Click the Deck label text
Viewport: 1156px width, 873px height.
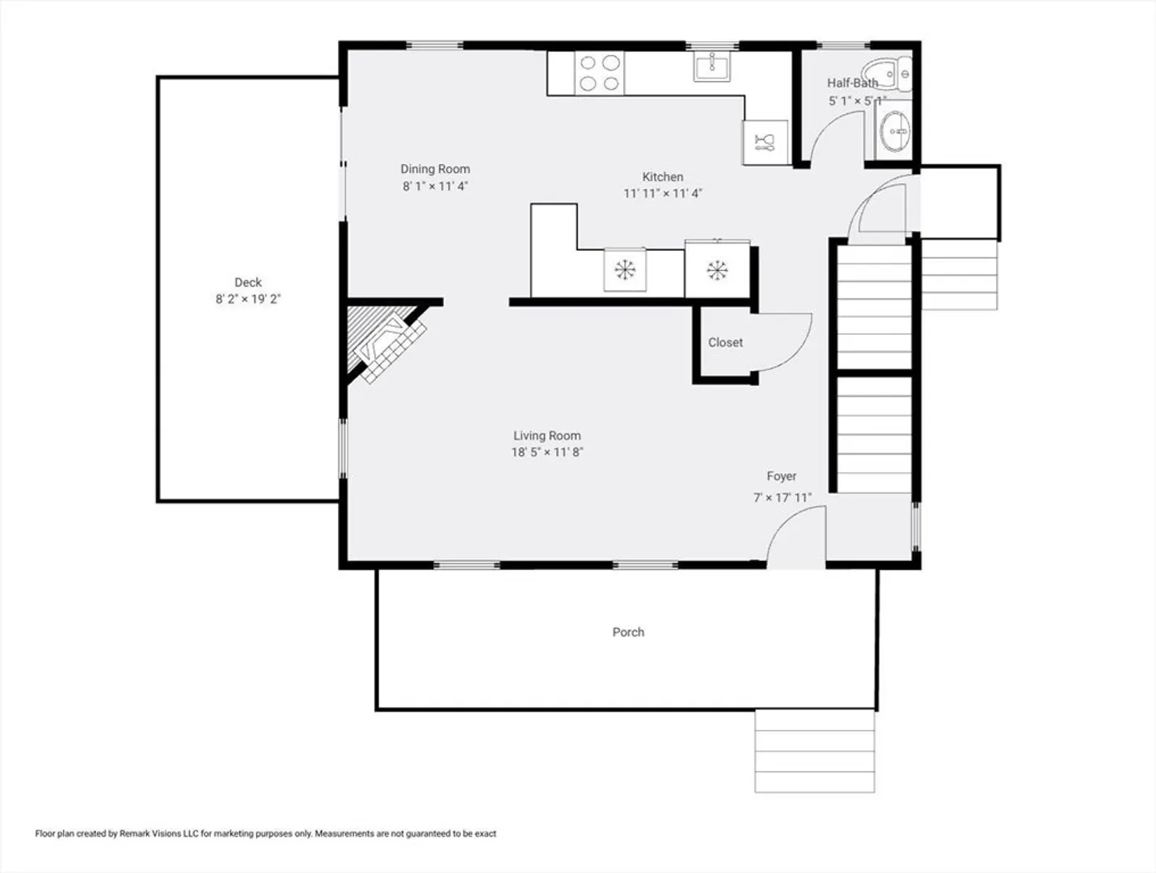(248, 282)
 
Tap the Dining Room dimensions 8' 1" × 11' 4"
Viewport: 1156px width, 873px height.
(435, 186)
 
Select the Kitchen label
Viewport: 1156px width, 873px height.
(663, 177)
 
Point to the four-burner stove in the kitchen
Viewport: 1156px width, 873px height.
(599, 73)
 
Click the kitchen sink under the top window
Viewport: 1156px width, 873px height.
(712, 66)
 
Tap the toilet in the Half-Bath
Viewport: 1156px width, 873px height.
(887, 74)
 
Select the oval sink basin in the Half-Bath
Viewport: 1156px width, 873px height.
(895, 131)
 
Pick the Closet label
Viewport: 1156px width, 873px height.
(725, 343)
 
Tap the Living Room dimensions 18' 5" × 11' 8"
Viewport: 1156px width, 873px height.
(547, 453)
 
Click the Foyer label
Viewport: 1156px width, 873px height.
(782, 476)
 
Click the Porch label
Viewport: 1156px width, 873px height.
(628, 632)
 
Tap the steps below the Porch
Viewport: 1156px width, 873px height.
(815, 751)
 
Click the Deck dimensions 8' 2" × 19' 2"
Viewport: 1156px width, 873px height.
(248, 299)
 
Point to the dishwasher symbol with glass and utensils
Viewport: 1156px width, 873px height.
(765, 143)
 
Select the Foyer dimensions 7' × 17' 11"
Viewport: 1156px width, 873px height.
(783, 498)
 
